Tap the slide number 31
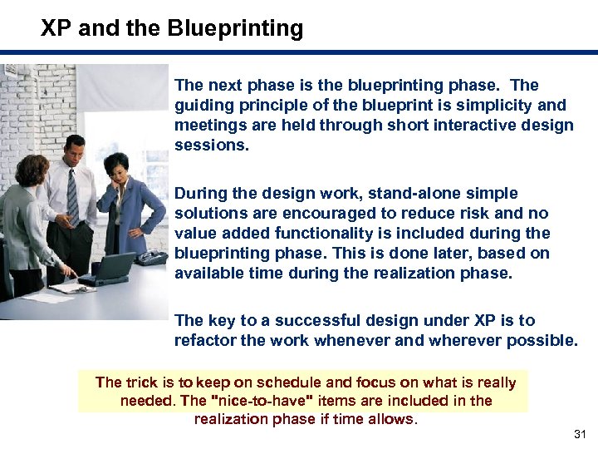[581, 435]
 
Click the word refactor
[205, 340]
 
